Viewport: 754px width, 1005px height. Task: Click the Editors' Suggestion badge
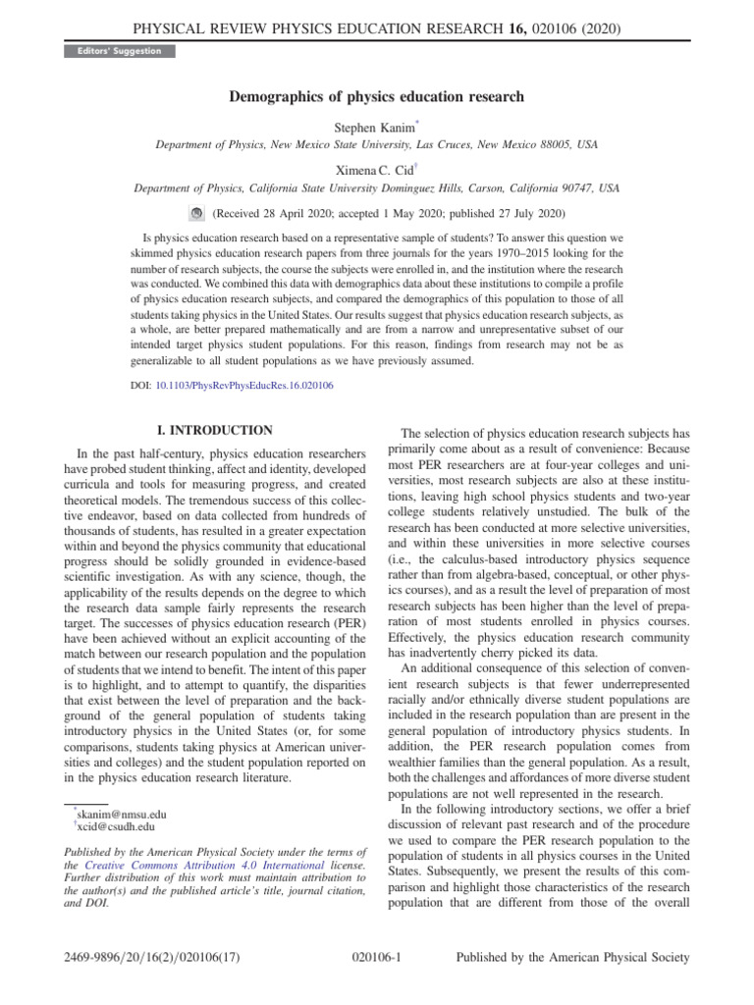point(109,50)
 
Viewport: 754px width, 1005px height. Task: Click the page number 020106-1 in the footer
point(377,957)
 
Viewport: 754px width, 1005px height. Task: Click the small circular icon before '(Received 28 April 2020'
point(195,213)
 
